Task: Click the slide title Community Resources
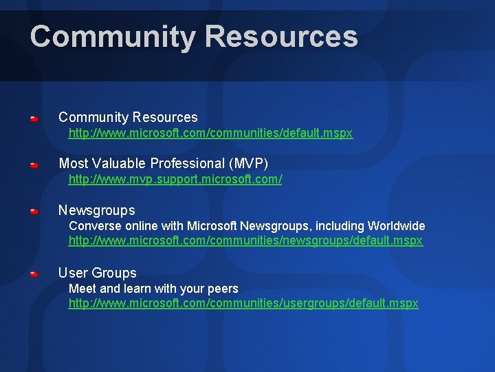[194, 37]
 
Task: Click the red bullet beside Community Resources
[34, 119]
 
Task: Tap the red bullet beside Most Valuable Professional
[34, 165]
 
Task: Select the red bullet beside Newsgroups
[34, 211]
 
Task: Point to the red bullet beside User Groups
[34, 274]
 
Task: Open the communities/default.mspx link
[210, 134]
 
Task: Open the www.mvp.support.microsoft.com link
[175, 179]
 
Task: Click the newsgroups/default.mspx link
[245, 241]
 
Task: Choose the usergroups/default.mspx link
[243, 304]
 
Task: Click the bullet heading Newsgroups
[97, 210]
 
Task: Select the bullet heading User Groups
[98, 273]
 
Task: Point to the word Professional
[184, 164]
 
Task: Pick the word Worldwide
[397, 226]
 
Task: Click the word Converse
[92, 226]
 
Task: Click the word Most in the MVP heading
[72, 164]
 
